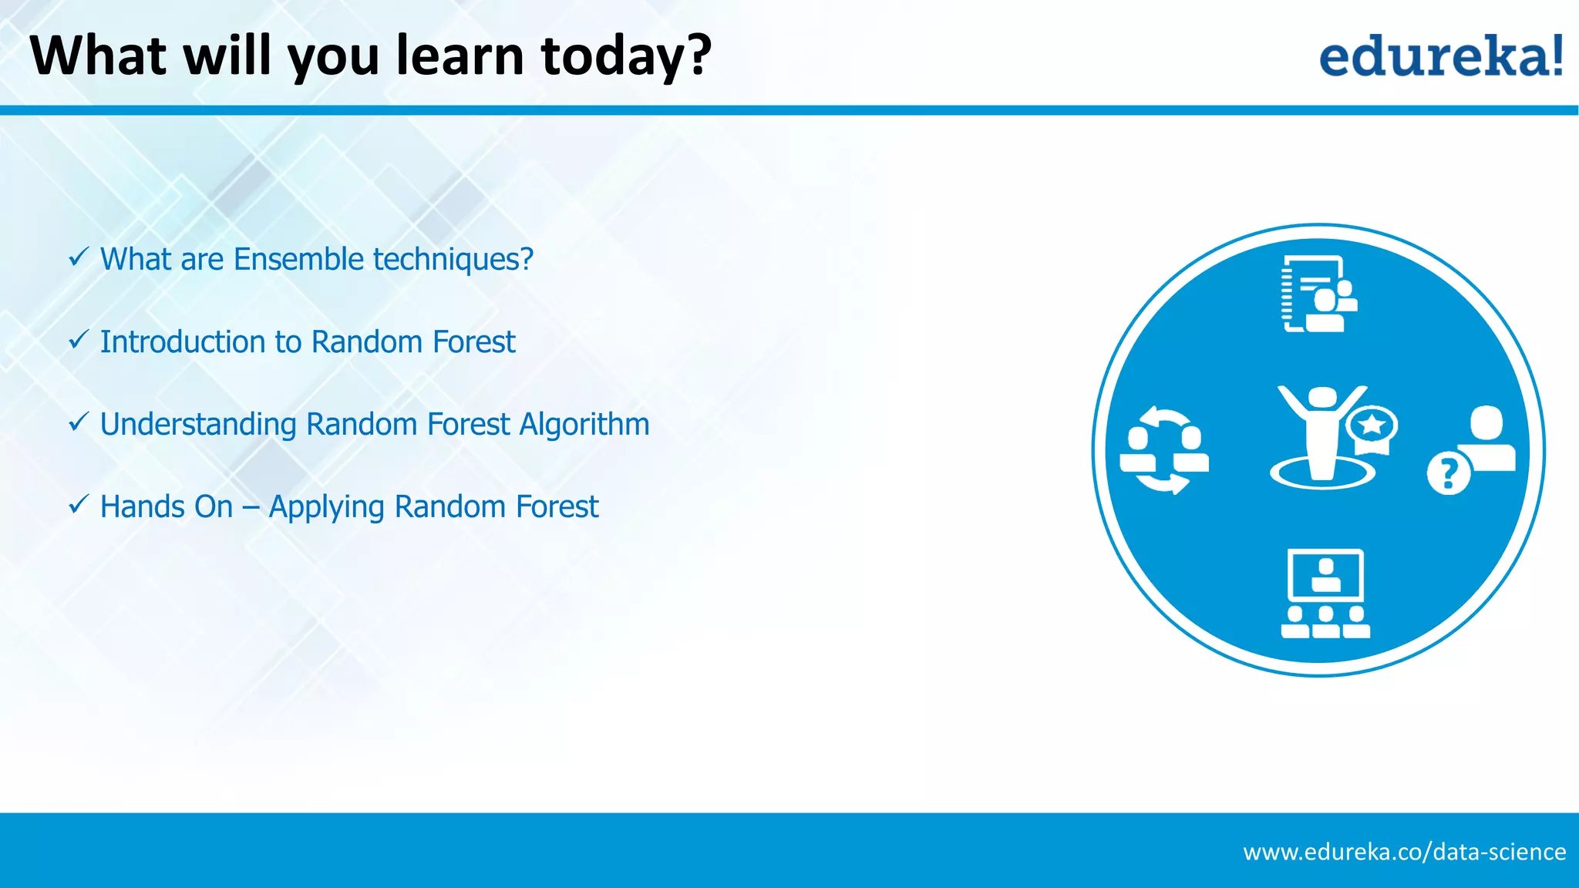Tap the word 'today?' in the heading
tap(626, 57)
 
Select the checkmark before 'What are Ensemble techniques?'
tap(79, 257)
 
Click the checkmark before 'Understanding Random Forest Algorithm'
tap(79, 422)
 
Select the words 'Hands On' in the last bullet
tap(167, 506)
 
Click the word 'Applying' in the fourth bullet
tap(327, 507)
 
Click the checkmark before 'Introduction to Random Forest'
tap(79, 339)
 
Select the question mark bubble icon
tap(1449, 473)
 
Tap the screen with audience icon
tap(1325, 594)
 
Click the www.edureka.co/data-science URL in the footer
tap(1404, 852)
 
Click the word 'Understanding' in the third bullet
tap(198, 425)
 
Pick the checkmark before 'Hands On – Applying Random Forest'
tap(79, 504)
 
